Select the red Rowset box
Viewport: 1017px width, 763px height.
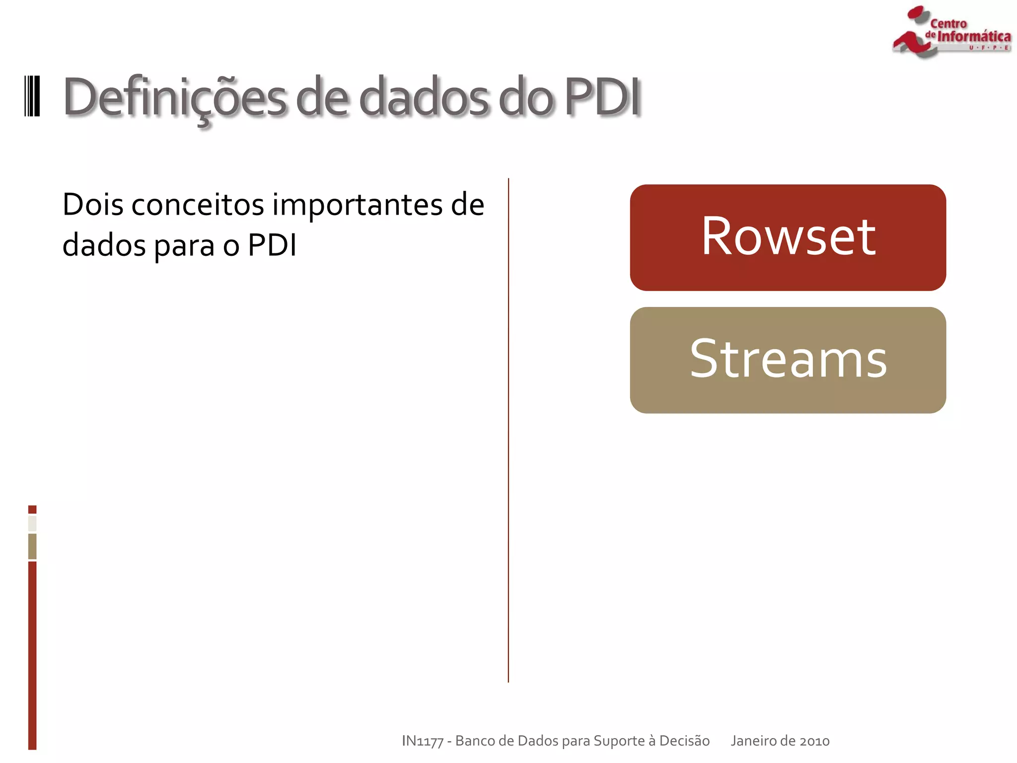(788, 237)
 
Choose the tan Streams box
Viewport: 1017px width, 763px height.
(788, 360)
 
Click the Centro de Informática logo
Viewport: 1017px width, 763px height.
(951, 32)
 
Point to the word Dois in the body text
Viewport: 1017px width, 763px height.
(92, 204)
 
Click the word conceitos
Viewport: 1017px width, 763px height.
(197, 204)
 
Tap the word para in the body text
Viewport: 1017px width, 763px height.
(184, 245)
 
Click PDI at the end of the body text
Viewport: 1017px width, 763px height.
(272, 245)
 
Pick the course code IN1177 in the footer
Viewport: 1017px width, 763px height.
(422, 741)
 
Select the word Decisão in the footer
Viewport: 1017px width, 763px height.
(684, 741)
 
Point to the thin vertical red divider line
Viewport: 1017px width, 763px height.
(508, 430)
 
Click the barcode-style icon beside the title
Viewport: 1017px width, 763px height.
(32, 96)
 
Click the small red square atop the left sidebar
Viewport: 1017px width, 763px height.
(32, 509)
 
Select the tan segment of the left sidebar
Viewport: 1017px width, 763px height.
(32, 546)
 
